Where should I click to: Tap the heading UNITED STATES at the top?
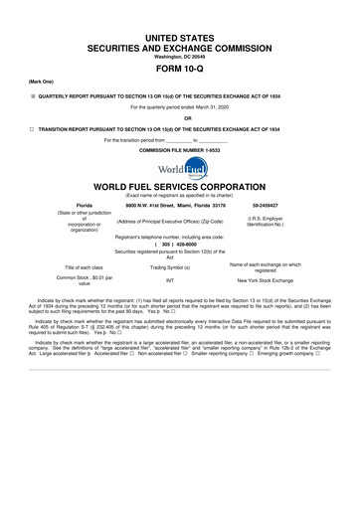point(179,17)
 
